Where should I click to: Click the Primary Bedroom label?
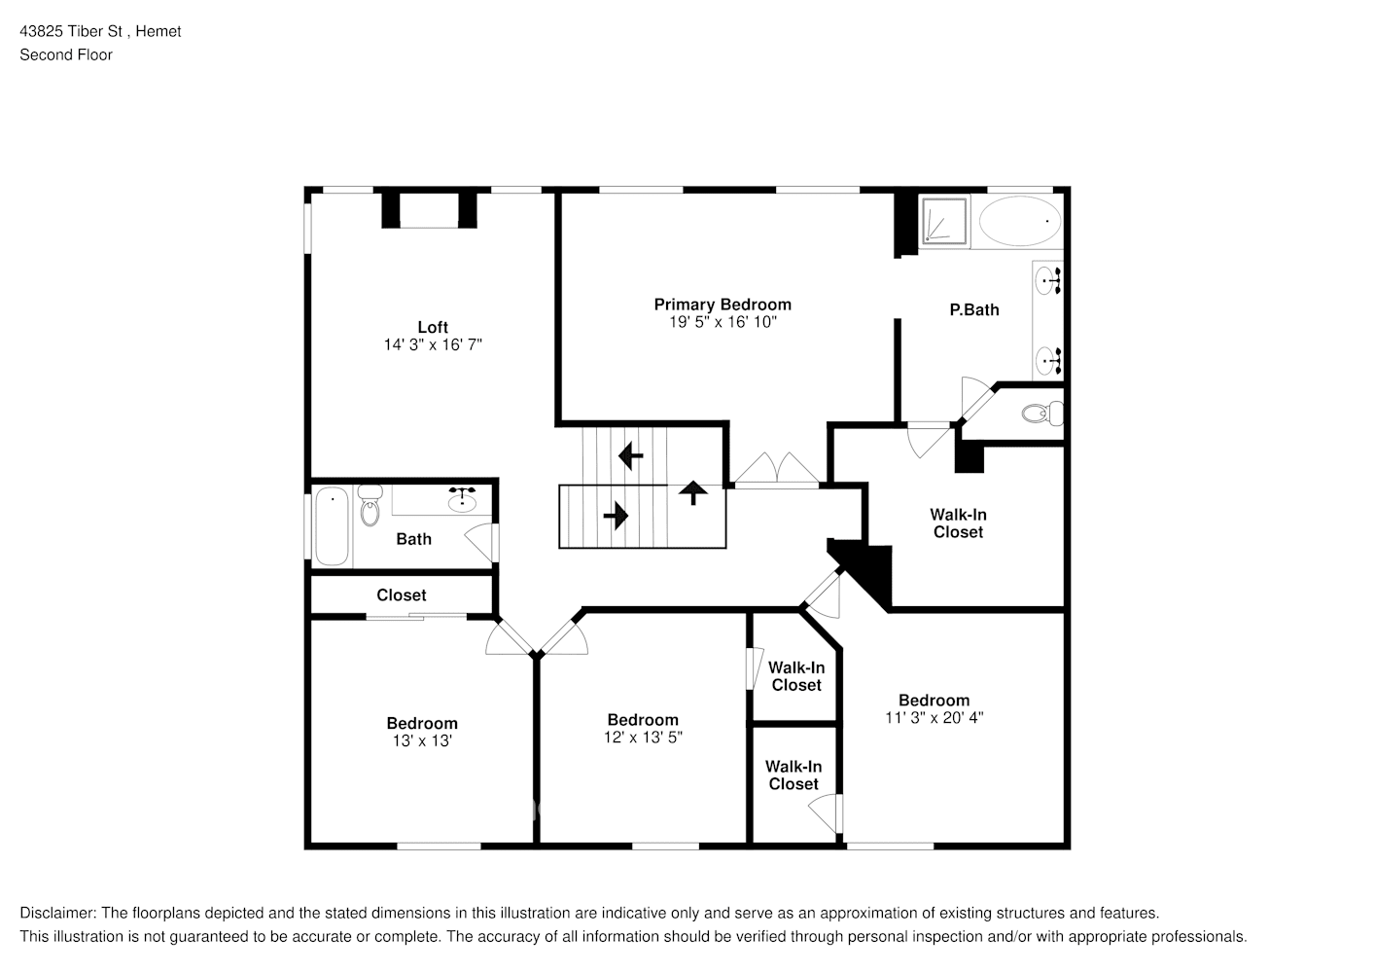722,305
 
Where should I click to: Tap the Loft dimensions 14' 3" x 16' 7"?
433,344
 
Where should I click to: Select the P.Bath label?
973,309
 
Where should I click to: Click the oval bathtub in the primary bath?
1019,222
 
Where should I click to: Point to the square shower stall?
944,221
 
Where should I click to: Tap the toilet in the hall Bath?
370,506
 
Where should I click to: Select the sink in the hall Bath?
461,501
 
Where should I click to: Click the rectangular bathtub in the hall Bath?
332,525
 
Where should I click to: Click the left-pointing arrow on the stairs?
631,454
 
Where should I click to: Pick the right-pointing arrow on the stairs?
615,515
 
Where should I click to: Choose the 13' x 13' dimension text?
421,740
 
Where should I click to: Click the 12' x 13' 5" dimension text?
642,738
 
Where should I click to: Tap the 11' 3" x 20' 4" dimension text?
934,718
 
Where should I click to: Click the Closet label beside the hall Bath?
402,595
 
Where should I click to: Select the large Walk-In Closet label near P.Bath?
958,523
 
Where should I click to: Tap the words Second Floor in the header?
66,54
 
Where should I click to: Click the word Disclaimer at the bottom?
56,913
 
